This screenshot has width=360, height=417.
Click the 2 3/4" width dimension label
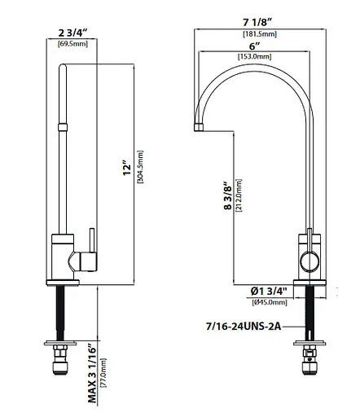point(74,33)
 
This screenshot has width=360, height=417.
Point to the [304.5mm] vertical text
point(141,169)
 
